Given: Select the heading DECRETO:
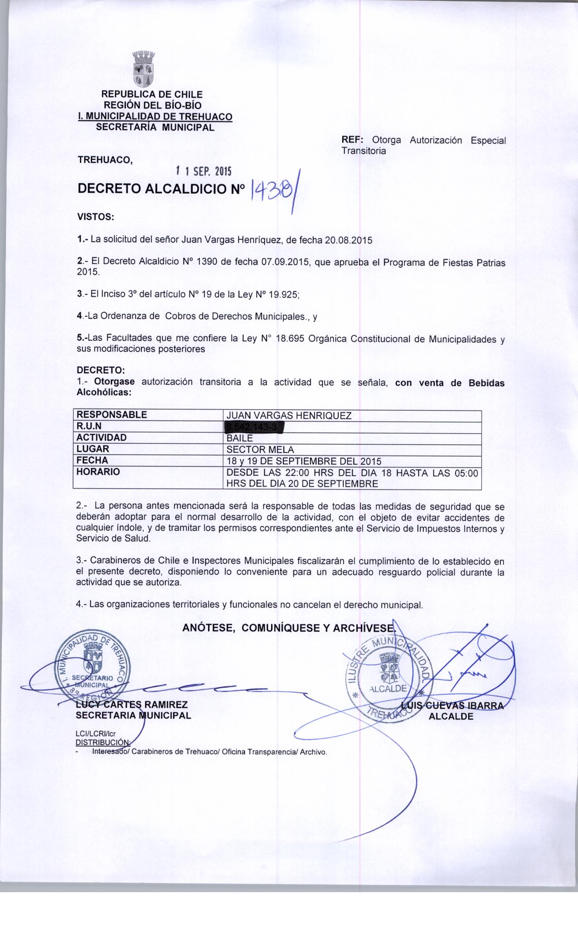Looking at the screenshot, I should [x=97, y=371].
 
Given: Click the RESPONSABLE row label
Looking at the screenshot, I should [x=112, y=415].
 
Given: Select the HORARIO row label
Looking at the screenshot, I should [x=98, y=472].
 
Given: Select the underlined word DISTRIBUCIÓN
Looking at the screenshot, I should [x=102, y=742].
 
